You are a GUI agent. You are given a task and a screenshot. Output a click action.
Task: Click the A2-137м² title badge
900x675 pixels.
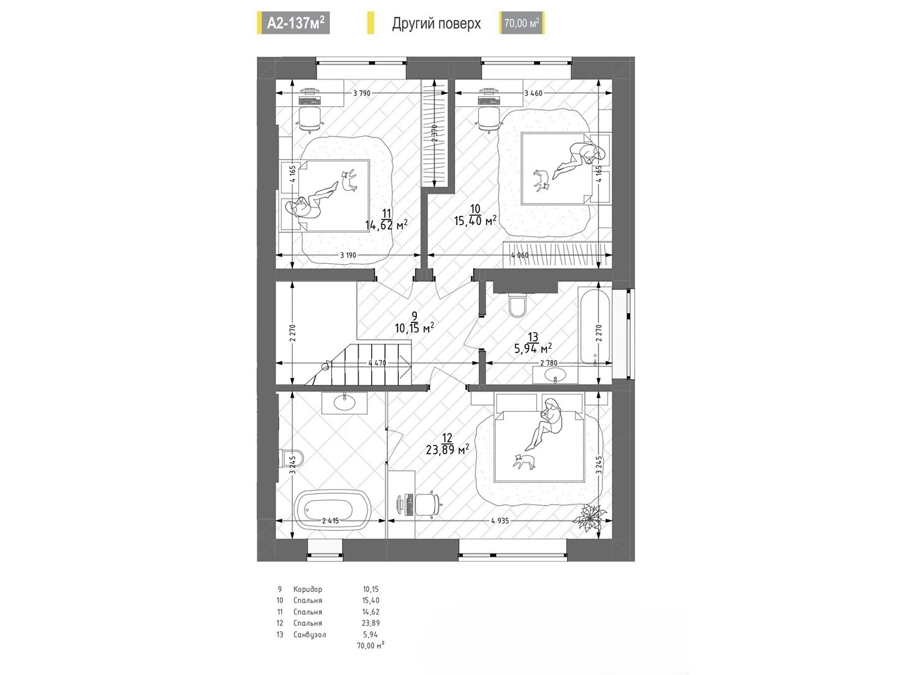click(294, 22)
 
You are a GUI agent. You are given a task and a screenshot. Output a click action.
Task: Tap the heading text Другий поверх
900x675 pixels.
click(436, 24)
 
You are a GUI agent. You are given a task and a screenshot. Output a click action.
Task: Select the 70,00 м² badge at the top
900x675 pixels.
click(521, 23)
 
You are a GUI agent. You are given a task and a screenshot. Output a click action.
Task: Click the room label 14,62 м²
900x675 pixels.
click(386, 224)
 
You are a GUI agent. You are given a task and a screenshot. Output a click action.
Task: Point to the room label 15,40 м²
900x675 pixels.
click(475, 220)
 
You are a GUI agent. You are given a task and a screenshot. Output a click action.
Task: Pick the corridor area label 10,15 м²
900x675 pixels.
click(414, 328)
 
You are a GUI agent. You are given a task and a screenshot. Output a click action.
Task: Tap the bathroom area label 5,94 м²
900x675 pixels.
click(533, 348)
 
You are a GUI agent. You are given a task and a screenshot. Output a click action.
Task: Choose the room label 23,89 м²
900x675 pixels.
click(447, 450)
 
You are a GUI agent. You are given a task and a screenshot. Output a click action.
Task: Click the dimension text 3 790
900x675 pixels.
click(361, 93)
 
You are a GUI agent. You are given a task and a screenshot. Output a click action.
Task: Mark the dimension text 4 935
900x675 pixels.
click(499, 520)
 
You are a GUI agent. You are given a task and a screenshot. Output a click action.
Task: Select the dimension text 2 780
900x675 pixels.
click(548, 363)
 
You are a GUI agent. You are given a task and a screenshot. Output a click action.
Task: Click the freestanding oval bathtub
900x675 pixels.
click(332, 510)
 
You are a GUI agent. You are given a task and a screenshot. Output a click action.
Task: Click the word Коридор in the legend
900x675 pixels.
click(308, 589)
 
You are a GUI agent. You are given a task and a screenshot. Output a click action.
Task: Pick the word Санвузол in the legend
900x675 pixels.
click(309, 634)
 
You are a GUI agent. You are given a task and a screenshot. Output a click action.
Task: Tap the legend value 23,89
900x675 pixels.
click(371, 623)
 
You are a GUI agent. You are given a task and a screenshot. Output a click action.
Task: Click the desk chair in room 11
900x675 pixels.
click(310, 119)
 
